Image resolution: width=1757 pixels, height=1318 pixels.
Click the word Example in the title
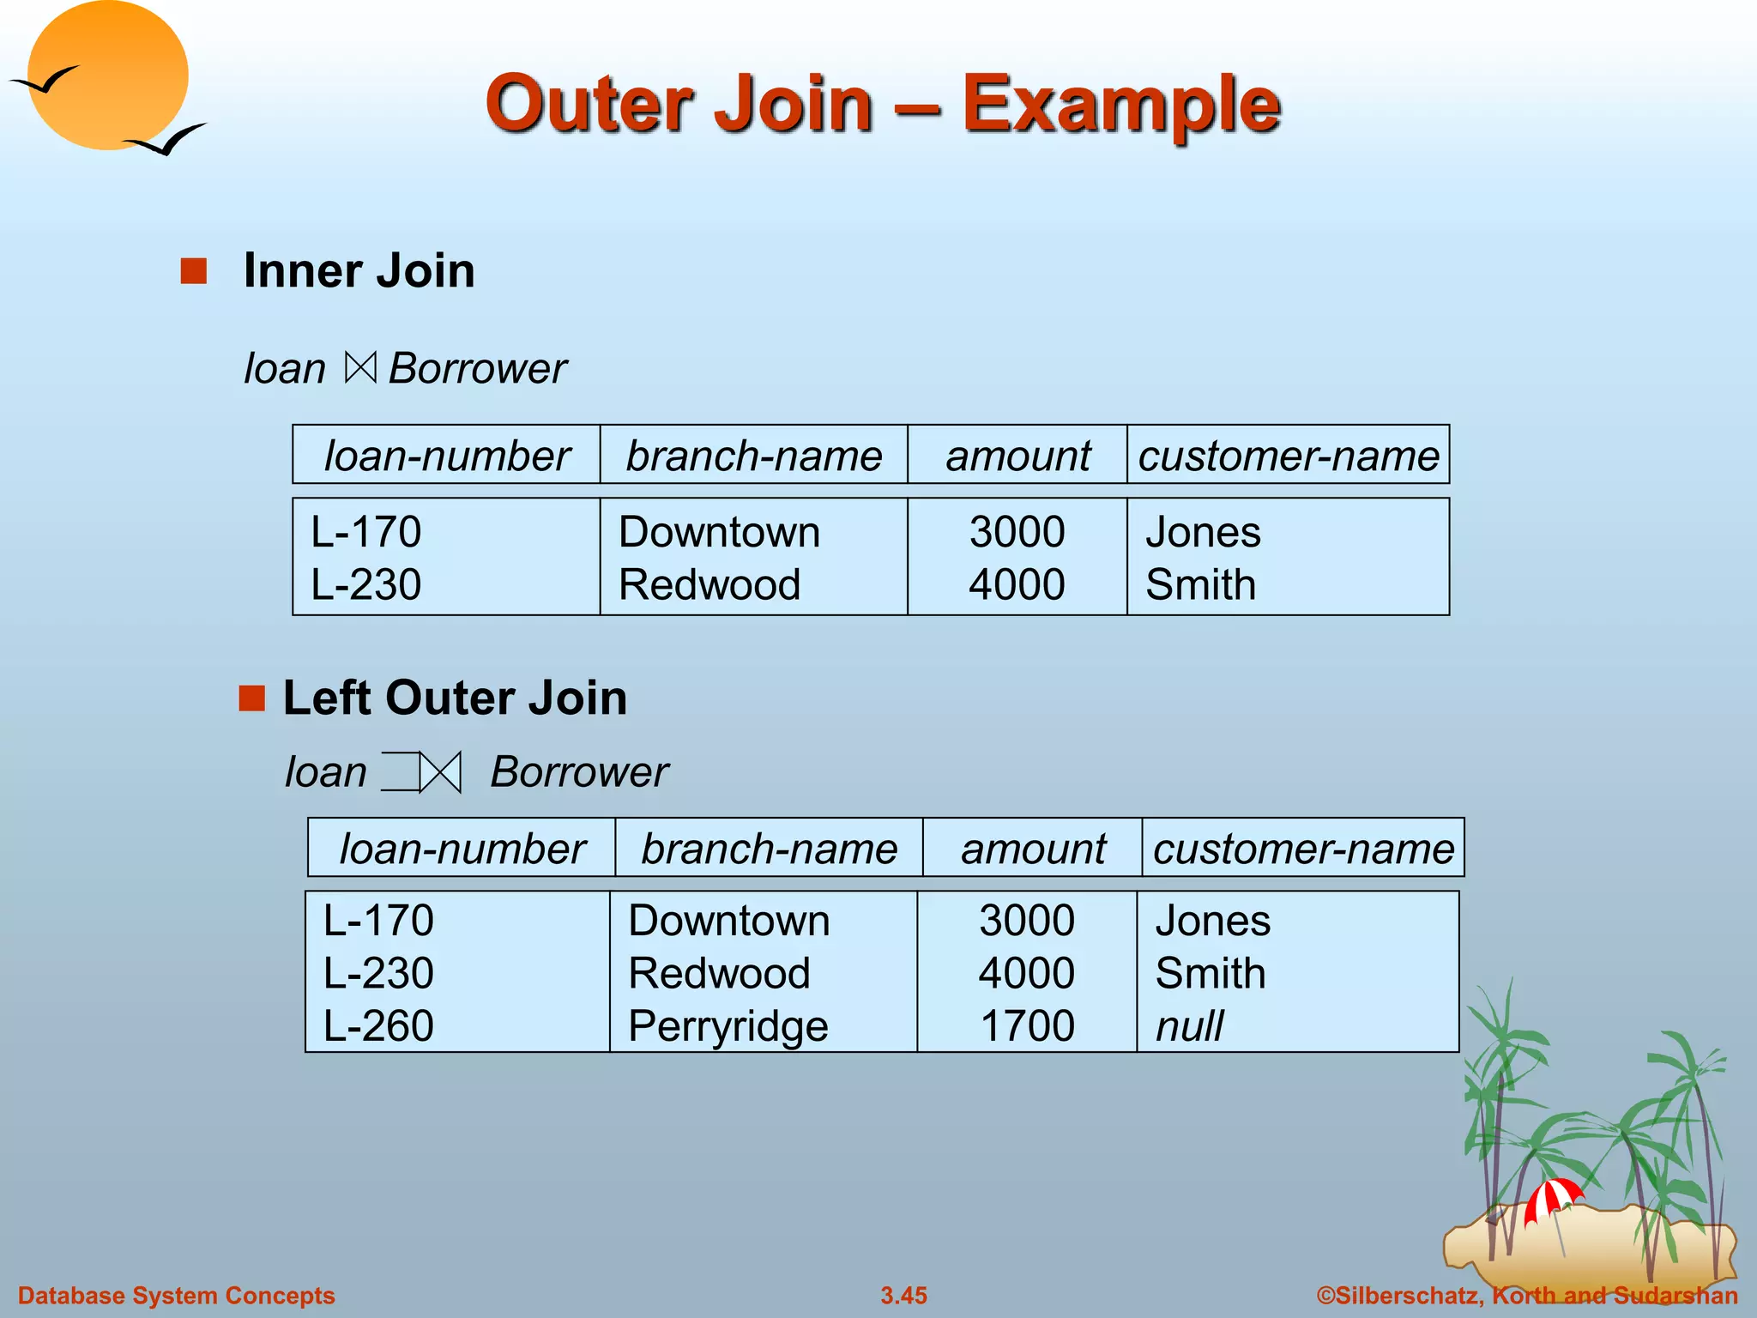coord(1120,105)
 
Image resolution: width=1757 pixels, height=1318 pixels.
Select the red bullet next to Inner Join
coord(194,271)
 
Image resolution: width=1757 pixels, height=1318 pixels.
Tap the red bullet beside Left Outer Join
coord(251,698)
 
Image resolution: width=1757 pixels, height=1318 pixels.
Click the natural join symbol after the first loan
coord(360,368)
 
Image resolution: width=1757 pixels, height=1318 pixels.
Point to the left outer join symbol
coord(421,772)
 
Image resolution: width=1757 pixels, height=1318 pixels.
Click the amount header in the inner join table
coord(1017,456)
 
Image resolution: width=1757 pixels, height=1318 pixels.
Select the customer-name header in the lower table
coord(1303,849)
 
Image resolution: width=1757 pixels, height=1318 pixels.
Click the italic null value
coord(1189,1026)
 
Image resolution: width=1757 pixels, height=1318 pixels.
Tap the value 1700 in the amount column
coord(1027,1026)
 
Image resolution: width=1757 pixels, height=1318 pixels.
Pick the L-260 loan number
coord(378,1026)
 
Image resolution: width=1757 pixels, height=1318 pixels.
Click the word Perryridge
coord(728,1026)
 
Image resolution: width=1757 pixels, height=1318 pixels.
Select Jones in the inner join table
coord(1203,532)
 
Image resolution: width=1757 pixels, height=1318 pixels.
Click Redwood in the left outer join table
coord(719,974)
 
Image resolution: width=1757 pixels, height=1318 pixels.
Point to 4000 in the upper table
coord(1017,585)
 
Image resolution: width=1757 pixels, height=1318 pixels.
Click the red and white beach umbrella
coord(1552,1198)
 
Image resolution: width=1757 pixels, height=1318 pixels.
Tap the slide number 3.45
coord(903,1296)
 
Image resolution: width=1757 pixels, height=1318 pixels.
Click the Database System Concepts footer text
coord(176,1296)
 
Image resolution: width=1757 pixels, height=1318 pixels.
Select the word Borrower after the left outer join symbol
coord(579,772)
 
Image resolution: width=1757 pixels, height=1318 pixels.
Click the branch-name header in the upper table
coord(753,456)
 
